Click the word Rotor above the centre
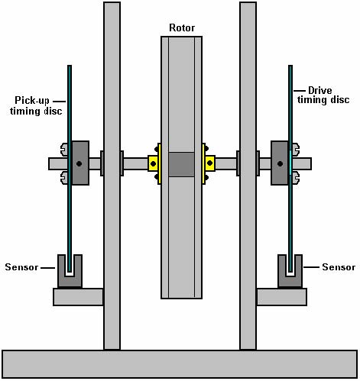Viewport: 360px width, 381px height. click(x=182, y=27)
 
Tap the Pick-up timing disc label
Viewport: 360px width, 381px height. click(x=36, y=105)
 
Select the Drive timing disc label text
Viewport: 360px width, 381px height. click(x=323, y=95)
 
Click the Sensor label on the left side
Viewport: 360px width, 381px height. click(x=21, y=267)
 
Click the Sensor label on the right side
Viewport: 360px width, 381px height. click(x=339, y=267)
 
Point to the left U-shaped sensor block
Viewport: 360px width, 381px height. click(x=70, y=281)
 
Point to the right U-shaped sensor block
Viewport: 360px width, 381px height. click(x=290, y=281)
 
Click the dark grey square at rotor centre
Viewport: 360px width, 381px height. click(x=181, y=164)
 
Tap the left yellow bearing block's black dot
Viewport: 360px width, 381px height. click(x=153, y=163)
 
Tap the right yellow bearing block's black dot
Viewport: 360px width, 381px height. click(x=209, y=163)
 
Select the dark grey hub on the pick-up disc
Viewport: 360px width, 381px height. click(x=80, y=163)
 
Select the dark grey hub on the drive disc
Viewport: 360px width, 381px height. click(x=280, y=163)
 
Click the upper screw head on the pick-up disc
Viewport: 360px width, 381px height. click(x=64, y=150)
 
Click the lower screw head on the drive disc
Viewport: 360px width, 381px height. click(x=296, y=177)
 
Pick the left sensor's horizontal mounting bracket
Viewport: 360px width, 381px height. click(x=78, y=297)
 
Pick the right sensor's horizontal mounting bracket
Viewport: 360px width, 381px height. click(x=282, y=297)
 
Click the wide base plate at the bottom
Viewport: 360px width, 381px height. click(x=180, y=364)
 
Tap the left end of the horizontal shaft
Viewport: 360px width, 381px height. click(x=49, y=164)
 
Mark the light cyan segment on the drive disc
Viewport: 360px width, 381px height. click(x=290, y=163)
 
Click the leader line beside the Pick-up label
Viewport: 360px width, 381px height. click(x=59, y=102)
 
